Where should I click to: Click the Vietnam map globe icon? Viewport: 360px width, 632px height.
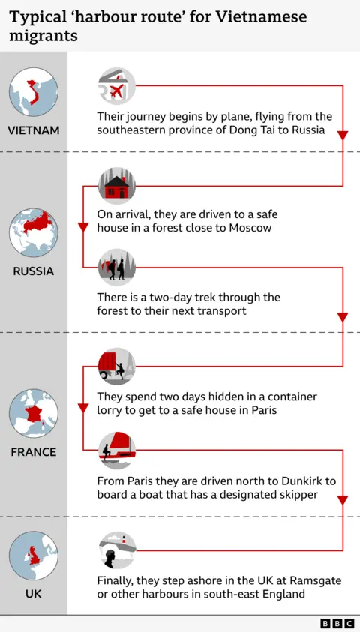tap(33, 92)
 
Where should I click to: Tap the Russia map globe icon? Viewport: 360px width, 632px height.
tap(33, 232)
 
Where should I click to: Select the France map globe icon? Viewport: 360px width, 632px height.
tap(33, 413)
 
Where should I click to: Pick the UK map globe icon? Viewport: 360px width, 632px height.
tap(33, 556)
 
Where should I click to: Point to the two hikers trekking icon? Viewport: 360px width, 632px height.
tap(117, 268)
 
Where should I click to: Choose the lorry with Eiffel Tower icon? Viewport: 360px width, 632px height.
tap(117, 366)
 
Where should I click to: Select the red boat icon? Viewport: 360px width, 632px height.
tap(117, 450)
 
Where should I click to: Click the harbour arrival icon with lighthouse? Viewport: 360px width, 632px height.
tap(117, 550)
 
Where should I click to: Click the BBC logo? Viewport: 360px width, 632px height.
tap(337, 623)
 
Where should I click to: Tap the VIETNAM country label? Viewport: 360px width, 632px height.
tap(33, 130)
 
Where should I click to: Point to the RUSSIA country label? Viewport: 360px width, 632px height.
tap(33, 271)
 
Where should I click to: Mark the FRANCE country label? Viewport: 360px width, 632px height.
tap(33, 452)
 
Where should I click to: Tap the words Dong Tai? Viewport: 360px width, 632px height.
tap(260, 130)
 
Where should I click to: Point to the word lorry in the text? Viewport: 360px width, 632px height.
tap(112, 411)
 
